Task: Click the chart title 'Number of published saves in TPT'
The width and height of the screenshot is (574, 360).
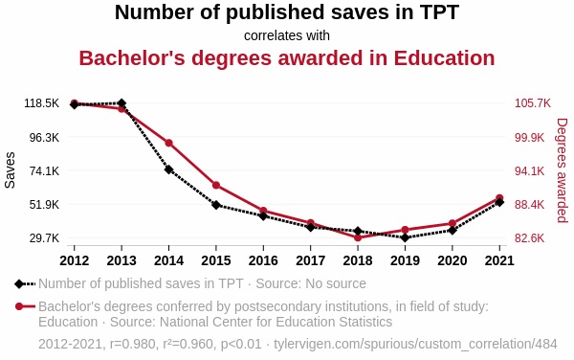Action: click(x=287, y=12)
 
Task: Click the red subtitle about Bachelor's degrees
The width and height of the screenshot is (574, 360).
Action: click(x=287, y=57)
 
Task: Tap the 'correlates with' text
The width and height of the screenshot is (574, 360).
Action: click(x=287, y=35)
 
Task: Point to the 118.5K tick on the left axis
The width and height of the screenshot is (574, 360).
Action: click(x=41, y=103)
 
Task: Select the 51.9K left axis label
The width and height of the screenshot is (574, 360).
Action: click(x=41, y=205)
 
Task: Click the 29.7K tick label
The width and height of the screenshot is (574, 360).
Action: click(x=41, y=238)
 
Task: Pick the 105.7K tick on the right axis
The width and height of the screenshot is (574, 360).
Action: click(x=533, y=103)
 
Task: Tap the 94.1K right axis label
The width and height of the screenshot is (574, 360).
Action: click(x=533, y=171)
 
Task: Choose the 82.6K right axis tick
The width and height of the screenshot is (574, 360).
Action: click(x=533, y=238)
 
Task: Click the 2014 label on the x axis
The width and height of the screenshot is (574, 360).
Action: click(x=168, y=260)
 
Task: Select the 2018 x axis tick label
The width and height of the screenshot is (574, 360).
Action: click(x=358, y=260)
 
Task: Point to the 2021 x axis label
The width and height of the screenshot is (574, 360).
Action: click(x=499, y=260)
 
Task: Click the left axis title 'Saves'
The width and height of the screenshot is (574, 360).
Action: click(x=11, y=170)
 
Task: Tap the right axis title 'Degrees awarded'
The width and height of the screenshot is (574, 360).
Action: click(x=562, y=170)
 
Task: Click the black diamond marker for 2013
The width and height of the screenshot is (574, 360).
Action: click(x=121, y=103)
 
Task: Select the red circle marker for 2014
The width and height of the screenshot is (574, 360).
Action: click(x=168, y=144)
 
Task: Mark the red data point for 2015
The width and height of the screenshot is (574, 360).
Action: click(x=216, y=185)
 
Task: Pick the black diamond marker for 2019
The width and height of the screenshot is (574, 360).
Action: click(x=405, y=237)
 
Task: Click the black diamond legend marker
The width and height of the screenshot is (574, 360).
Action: click(x=19, y=283)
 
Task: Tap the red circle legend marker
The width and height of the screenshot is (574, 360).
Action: click(x=19, y=306)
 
